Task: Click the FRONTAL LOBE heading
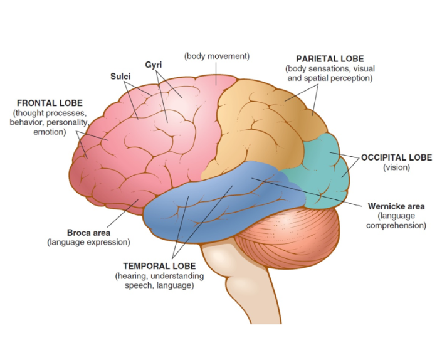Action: click(x=49, y=103)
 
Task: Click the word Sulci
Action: click(x=120, y=76)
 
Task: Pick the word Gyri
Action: click(x=154, y=65)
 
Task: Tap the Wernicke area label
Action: click(x=396, y=206)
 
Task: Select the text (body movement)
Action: click(x=216, y=56)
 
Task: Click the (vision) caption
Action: click(x=396, y=167)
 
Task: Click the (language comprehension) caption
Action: click(x=396, y=221)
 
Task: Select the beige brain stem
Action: click(x=276, y=295)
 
